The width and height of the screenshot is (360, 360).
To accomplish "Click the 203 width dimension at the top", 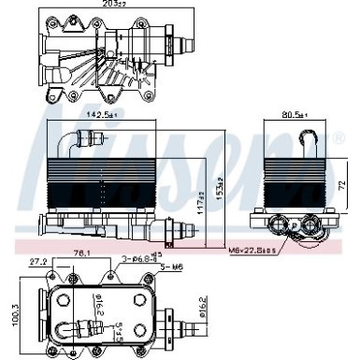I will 115,6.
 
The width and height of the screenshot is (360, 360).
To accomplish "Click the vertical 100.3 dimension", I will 12,316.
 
